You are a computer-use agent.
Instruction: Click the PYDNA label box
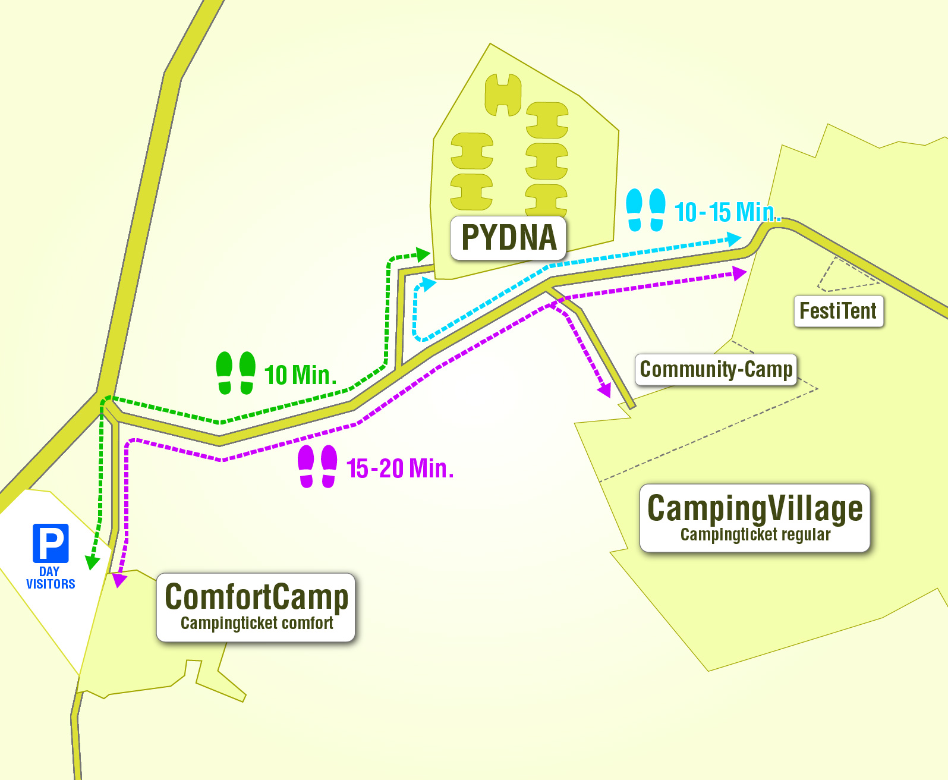(508, 238)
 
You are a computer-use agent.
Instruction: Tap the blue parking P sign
(51, 543)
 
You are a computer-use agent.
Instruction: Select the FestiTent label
(838, 311)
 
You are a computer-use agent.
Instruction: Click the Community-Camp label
(716, 369)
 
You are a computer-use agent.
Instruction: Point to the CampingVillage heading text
(755, 508)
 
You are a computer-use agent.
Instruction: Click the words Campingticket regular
(755, 535)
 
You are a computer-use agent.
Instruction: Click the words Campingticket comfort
(256, 623)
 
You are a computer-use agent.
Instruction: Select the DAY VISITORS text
(51, 578)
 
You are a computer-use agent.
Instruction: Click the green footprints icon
(235, 373)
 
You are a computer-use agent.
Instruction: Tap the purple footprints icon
(317, 467)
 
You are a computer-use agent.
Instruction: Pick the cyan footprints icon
(645, 210)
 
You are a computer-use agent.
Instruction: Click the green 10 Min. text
(300, 375)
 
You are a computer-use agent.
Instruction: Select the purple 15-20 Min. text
(400, 468)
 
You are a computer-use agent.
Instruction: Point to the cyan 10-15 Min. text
(726, 212)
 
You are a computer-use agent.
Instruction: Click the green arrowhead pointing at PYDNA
(424, 255)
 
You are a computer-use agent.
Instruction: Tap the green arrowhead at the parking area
(92, 562)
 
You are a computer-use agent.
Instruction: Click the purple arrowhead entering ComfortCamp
(119, 580)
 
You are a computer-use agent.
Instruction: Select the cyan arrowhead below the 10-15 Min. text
(734, 240)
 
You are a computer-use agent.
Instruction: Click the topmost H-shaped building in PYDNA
(503, 95)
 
